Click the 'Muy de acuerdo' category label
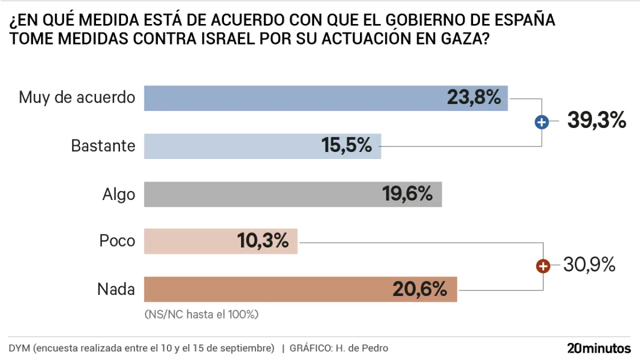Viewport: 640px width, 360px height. pos(77,97)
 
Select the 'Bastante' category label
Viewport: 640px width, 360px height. pos(103,145)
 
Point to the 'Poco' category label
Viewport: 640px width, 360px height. pos(117,240)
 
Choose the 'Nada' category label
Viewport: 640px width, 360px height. pos(116,288)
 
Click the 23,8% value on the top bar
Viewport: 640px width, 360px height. pos(473,97)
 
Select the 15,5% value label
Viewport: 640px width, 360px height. pos(346,145)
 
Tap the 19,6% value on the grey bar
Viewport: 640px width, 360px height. pos(407,193)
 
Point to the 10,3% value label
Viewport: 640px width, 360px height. pos(263,241)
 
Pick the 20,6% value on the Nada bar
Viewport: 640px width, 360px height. pos(419,289)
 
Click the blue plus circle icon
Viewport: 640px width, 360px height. pos(541,121)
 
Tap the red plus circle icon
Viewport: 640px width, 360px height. pos(543,266)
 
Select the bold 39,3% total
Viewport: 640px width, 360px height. pos(596,120)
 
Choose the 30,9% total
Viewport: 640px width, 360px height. pos(589,265)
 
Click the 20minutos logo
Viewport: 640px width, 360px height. pos(598,348)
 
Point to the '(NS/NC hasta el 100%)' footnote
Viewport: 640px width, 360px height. pos(201,314)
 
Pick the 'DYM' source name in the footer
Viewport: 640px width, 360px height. pos(19,348)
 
